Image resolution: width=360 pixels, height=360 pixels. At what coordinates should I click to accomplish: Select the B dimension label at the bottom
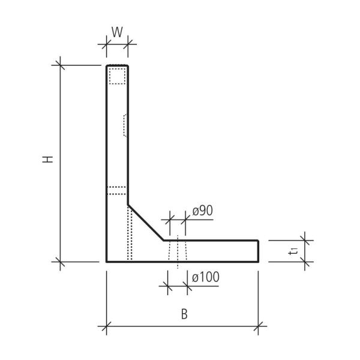pyautogui.click(x=184, y=314)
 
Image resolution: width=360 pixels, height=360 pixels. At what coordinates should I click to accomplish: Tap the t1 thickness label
pyautogui.click(x=292, y=251)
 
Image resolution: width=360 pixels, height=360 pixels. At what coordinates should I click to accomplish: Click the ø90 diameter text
pyautogui.click(x=203, y=211)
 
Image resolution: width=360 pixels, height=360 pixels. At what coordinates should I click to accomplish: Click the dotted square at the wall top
pyautogui.click(x=117, y=76)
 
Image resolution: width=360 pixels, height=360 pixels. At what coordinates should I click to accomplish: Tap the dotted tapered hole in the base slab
pyautogui.click(x=178, y=251)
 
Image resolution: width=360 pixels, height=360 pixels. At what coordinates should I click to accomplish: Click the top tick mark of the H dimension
pyautogui.click(x=59, y=65)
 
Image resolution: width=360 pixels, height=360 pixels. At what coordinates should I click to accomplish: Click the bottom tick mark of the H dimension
pyautogui.click(x=59, y=262)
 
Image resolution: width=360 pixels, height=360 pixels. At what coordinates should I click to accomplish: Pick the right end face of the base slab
pyautogui.click(x=259, y=251)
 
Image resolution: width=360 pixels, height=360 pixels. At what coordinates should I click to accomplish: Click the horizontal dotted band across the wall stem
pyautogui.click(x=117, y=191)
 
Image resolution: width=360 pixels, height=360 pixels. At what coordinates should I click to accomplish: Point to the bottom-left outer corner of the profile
pyautogui.click(x=107, y=262)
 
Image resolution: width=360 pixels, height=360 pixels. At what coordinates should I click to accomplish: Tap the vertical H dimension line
pyautogui.click(x=59, y=162)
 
